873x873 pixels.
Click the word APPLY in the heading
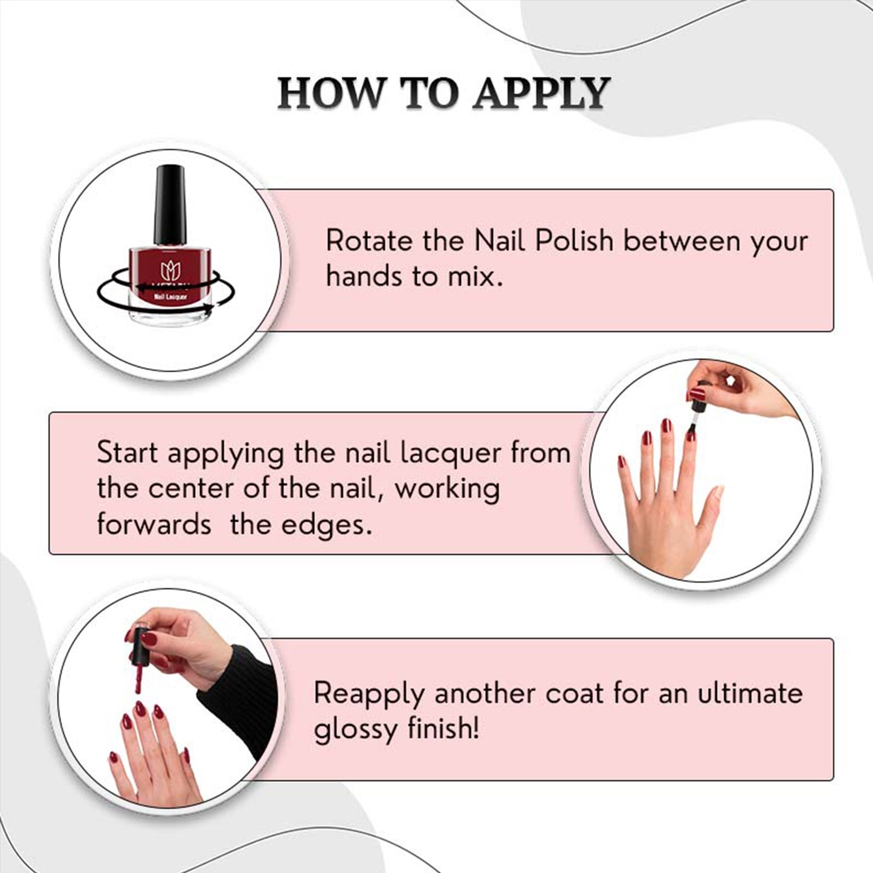coord(541,93)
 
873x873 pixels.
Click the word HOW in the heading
coord(329,93)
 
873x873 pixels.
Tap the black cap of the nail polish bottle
coord(170,205)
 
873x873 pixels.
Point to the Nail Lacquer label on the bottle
coord(170,297)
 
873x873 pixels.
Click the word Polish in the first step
coord(574,240)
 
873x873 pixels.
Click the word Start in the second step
coord(127,452)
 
